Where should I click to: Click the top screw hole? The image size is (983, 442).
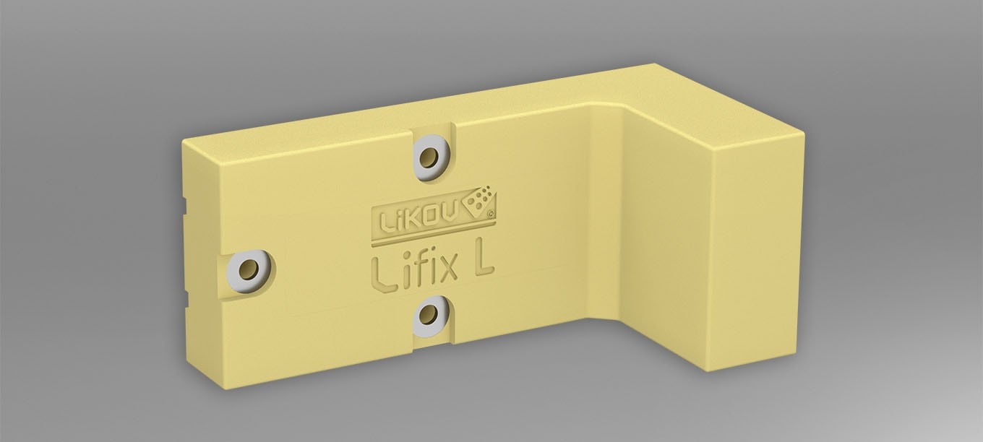431,156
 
